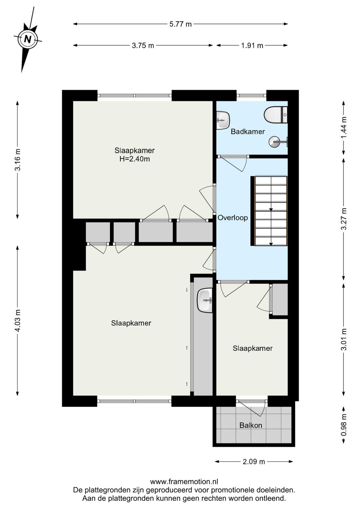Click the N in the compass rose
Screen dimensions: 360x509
click(x=28, y=39)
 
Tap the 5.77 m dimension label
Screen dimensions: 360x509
click(x=181, y=24)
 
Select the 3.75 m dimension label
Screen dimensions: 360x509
click(x=143, y=46)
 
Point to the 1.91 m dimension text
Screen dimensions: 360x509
click(x=252, y=46)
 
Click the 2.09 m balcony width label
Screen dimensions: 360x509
click(x=254, y=462)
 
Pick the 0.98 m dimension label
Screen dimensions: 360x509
click(x=344, y=425)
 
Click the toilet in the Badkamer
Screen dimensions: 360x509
click(x=276, y=115)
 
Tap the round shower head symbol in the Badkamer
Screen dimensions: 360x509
click(x=274, y=142)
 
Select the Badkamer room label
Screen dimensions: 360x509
click(x=247, y=132)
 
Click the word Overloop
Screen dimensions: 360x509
click(x=232, y=218)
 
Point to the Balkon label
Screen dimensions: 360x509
click(x=251, y=425)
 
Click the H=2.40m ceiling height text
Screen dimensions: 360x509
click(x=135, y=159)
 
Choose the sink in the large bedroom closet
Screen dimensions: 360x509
click(x=204, y=300)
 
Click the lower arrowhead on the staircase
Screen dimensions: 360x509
click(x=271, y=244)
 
